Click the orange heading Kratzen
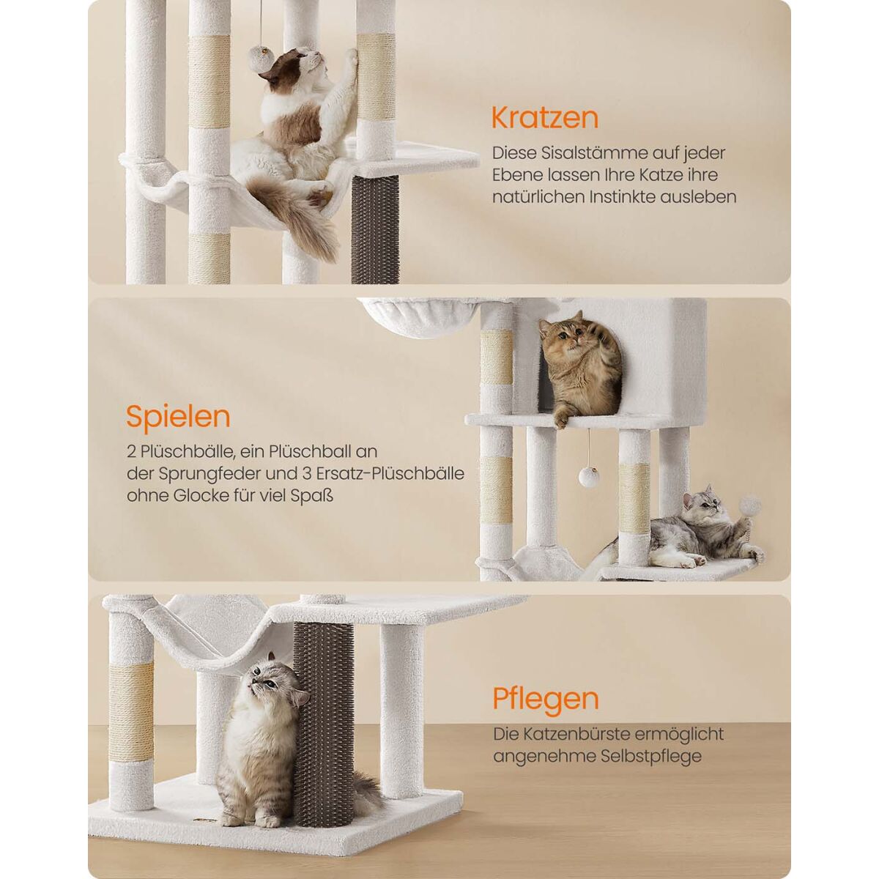pyautogui.click(x=545, y=118)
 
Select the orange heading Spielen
pyautogui.click(x=178, y=417)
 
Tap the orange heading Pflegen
pyautogui.click(x=546, y=711)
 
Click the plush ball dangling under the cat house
pyautogui.click(x=587, y=477)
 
